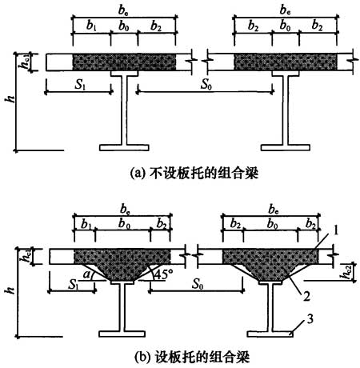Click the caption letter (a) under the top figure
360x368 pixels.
click(137, 174)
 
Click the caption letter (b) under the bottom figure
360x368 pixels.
click(143, 357)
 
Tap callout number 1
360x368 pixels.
click(335, 230)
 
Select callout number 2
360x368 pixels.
click(306, 296)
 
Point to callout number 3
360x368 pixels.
click(310, 319)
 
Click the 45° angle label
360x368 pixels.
click(163, 274)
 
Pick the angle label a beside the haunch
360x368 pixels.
click(86, 274)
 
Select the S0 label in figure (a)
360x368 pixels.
click(206, 84)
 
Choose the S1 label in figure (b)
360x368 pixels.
click(74, 285)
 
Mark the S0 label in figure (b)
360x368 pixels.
click(198, 284)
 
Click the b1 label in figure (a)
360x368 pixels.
click(91, 26)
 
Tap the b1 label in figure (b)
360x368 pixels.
click(86, 224)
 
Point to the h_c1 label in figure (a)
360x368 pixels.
click(26, 62)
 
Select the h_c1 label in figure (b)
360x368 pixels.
click(28, 257)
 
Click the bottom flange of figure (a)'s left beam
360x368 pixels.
click(124, 147)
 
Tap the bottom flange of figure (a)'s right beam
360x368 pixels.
click(286, 147)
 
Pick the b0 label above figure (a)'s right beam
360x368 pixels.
click(285, 26)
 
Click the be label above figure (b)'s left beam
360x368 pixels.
click(125, 209)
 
